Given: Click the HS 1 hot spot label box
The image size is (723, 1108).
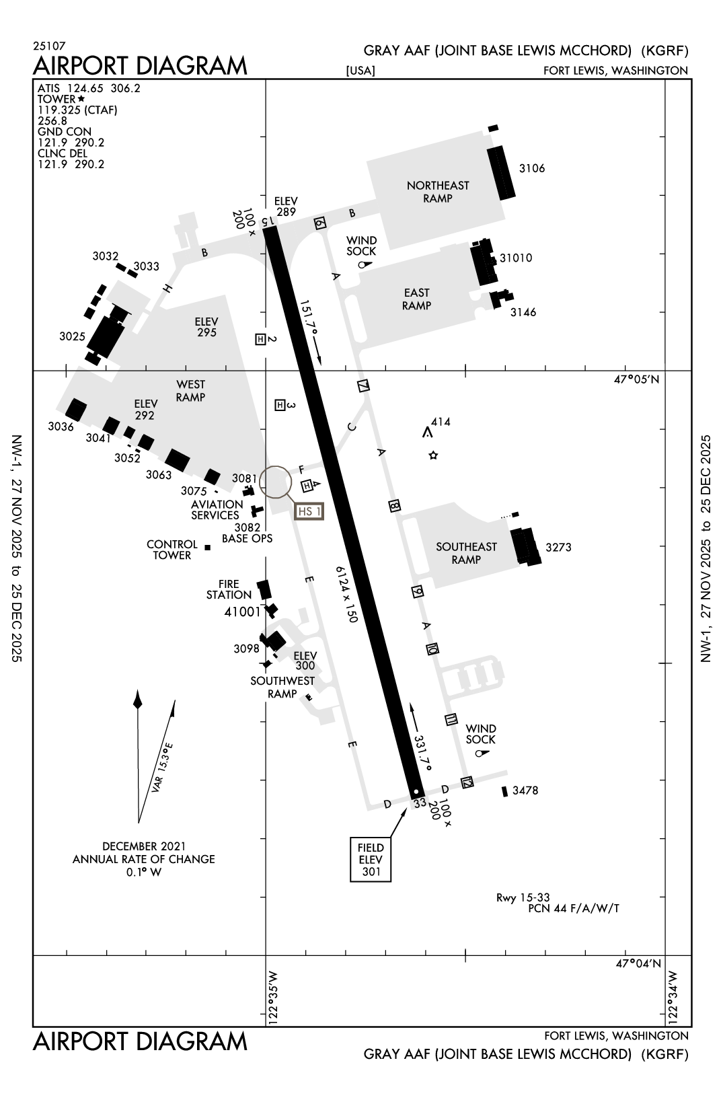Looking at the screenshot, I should pos(309,511).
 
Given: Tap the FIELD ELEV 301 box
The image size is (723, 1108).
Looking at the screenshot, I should pos(371,859).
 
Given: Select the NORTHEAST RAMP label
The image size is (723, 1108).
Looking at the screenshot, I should pos(438,192).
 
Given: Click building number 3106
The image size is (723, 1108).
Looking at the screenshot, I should pos(532,168).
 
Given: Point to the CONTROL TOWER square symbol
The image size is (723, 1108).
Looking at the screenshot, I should pos(208,548).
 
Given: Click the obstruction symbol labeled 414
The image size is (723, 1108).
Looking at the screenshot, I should pos(427,433).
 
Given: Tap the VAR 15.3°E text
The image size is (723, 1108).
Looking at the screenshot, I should pos(162,768).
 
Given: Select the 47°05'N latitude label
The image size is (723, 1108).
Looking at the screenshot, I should pos(636,379).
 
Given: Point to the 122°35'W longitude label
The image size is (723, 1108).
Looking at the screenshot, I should pos(272,997).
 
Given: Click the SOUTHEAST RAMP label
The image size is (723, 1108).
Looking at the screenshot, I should pos(465,553).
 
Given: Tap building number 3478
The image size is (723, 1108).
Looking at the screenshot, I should pos(525,790).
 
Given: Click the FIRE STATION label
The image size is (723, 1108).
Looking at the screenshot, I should pos(229,589).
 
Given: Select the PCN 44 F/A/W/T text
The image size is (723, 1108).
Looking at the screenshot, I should pos(574,909).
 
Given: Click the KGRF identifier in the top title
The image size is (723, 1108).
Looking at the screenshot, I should pos(664,50).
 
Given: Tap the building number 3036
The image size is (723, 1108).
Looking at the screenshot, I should pos(61,427).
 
